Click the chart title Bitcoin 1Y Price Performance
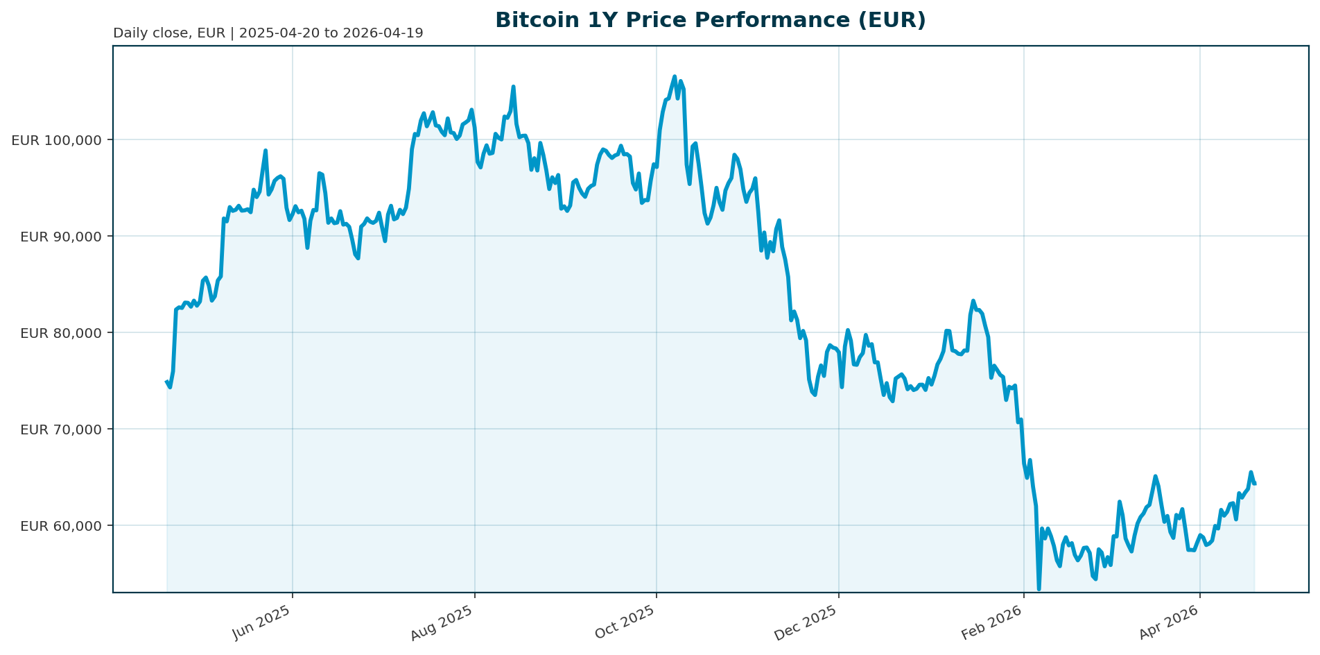coord(711,20)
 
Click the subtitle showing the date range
coord(268,33)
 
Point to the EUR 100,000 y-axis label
coord(56,140)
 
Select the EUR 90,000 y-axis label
coord(61,237)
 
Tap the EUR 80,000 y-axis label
coord(61,333)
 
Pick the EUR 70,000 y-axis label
coord(61,429)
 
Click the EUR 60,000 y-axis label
coord(61,526)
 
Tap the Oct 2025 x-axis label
coord(626,622)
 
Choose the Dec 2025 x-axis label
coord(807,622)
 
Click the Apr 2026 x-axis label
coord(1170,622)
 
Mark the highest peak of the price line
coord(675,77)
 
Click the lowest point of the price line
coord(1039,589)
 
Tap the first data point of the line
coord(167,382)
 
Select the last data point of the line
coord(1254,484)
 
